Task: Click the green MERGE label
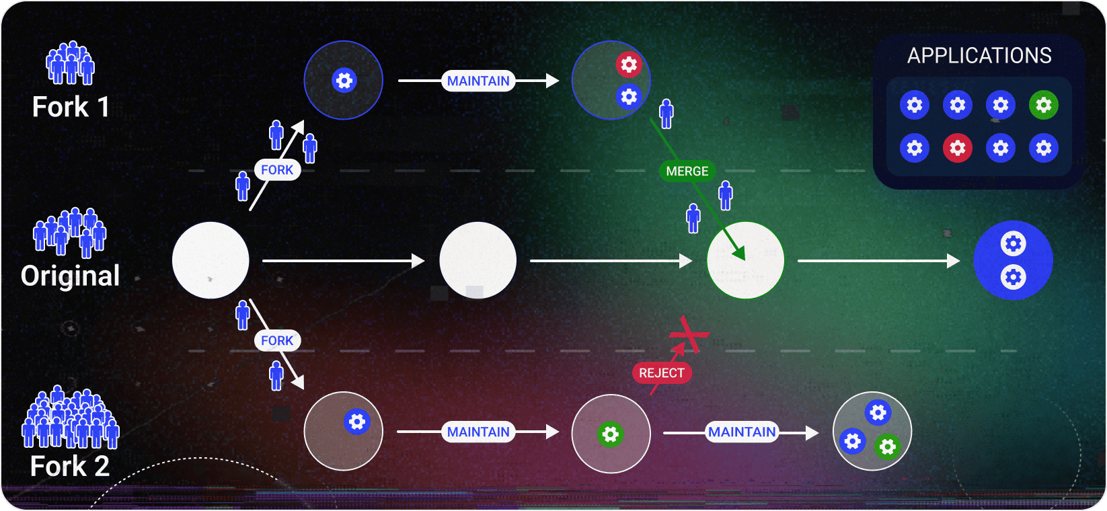click(x=687, y=171)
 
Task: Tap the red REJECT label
click(x=662, y=372)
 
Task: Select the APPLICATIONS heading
click(x=979, y=56)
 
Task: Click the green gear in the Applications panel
click(x=1043, y=105)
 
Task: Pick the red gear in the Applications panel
click(x=957, y=148)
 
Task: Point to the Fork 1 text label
click(x=71, y=107)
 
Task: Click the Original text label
click(x=70, y=276)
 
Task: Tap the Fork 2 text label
click(x=70, y=466)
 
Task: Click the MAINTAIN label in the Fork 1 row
click(x=478, y=81)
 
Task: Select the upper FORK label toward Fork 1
click(x=277, y=170)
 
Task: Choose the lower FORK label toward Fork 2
click(x=277, y=340)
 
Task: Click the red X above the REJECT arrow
click(x=689, y=335)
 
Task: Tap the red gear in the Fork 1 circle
click(x=629, y=65)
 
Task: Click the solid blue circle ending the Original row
click(x=1013, y=260)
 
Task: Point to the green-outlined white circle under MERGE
click(x=745, y=260)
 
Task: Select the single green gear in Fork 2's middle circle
click(x=611, y=434)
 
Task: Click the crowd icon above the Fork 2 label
click(x=70, y=418)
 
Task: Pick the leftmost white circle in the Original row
click(x=211, y=260)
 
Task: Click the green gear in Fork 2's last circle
click(x=888, y=446)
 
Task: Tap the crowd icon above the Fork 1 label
click(x=70, y=63)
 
